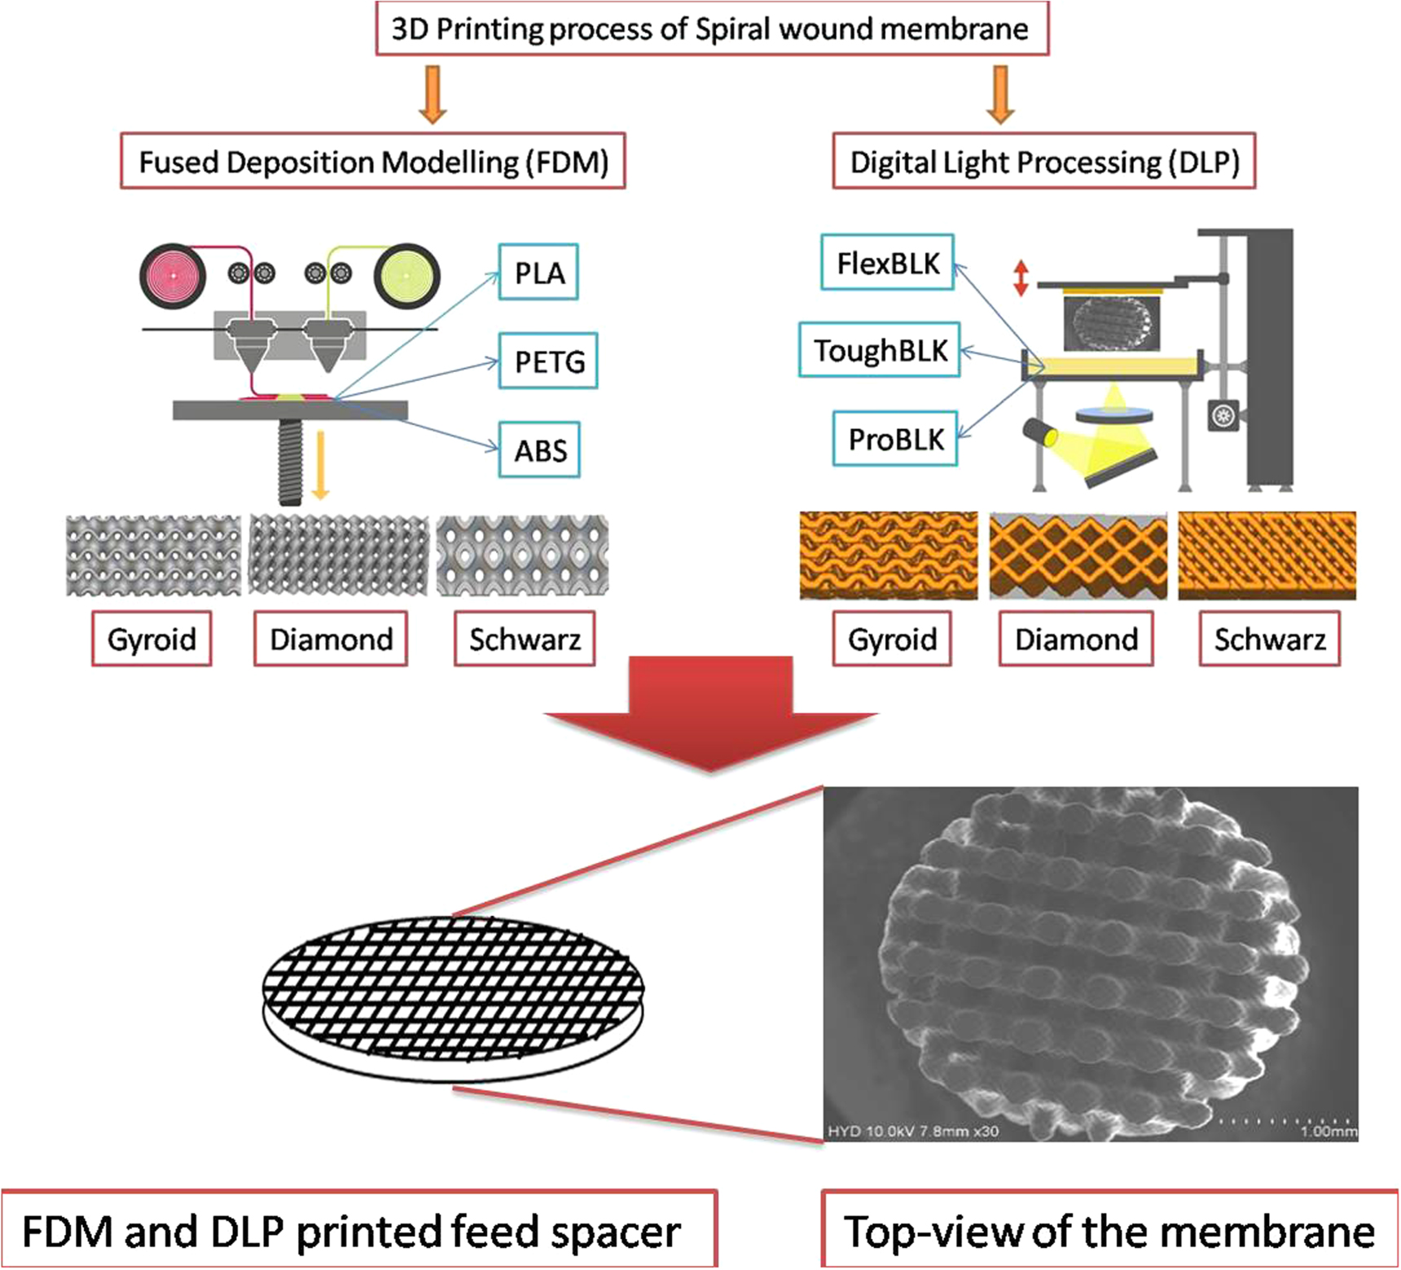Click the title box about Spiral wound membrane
pos(711,29)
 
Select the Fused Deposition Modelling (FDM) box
pos(373,162)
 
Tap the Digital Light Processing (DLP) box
pos(1043,162)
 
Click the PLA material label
pos(538,273)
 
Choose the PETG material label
pos(548,361)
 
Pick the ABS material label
pos(539,450)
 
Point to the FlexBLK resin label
pos(887,263)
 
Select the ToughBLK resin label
pos(880,350)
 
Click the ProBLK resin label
pos(894,440)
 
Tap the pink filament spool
pos(173,276)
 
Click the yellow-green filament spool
pos(406,276)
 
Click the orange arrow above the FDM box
pos(433,94)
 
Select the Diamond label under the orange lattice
pos(1076,640)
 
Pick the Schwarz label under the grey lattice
pos(525,640)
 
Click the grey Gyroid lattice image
pos(153,556)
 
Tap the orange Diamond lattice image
pos(1078,556)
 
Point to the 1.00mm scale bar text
pos(1328,1132)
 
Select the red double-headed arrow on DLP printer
pos(1020,278)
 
